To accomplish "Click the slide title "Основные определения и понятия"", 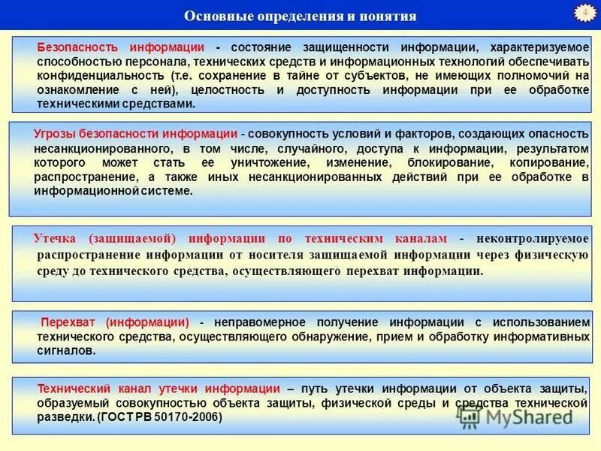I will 300,16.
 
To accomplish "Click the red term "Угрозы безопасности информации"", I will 135,133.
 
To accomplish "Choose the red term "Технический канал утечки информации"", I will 159,389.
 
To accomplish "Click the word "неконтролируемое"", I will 531,238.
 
